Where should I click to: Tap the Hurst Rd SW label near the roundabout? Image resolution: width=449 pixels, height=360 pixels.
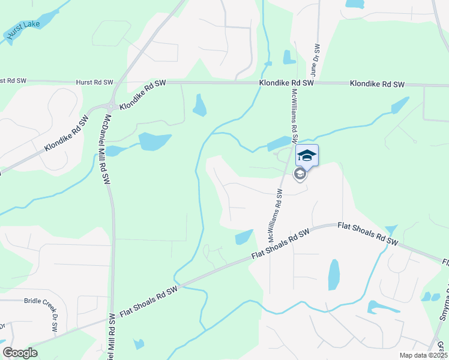point(94,82)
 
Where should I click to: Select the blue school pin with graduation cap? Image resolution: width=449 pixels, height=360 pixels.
point(307,155)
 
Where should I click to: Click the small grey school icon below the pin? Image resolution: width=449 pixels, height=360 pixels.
point(300,174)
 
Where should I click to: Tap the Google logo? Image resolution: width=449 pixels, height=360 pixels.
point(20,353)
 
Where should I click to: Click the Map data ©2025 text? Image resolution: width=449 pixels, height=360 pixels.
point(423,355)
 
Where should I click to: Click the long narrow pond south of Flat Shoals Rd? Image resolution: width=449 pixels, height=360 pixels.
point(334,275)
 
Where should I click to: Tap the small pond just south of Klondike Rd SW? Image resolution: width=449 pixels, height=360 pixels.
point(199,106)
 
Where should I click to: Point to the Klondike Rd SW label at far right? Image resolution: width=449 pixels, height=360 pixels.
point(377,85)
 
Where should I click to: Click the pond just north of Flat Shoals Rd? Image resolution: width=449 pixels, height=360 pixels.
point(244,237)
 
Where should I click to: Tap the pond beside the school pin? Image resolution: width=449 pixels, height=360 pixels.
point(278,143)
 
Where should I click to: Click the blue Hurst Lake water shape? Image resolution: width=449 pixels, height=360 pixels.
point(36,21)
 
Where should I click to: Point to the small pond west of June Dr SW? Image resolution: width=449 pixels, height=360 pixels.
point(289,57)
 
